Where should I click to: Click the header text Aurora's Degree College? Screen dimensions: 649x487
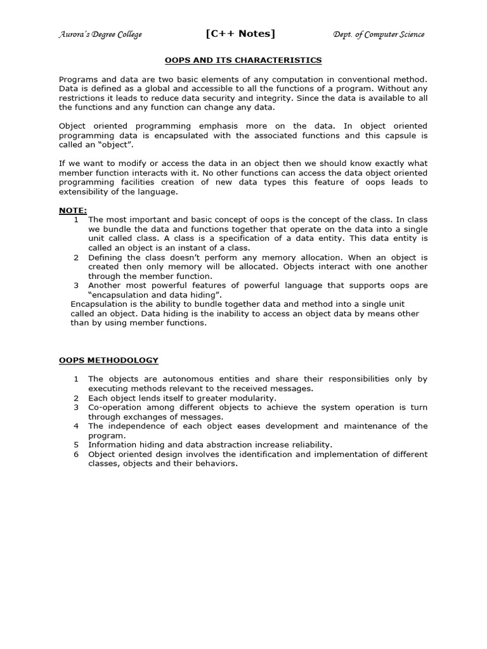(100, 34)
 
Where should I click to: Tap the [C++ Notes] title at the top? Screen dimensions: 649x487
(240, 34)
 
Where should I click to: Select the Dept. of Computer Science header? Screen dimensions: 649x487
(379, 34)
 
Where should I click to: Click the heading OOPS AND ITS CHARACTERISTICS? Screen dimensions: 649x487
(243, 60)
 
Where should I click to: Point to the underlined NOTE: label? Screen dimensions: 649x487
(73, 210)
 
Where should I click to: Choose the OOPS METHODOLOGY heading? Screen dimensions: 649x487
(108, 360)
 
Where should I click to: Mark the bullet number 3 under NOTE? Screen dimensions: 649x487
(75, 285)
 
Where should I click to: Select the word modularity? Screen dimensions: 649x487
(247, 398)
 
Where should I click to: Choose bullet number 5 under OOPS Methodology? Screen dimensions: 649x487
(75, 445)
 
